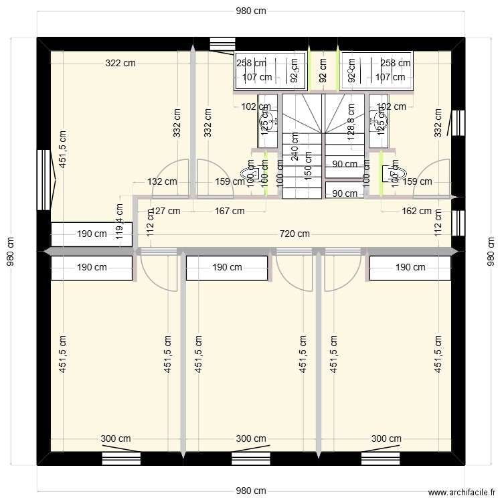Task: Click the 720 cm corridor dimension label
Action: click(295, 234)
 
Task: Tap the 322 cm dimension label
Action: click(120, 64)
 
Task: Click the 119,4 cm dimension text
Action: click(120, 222)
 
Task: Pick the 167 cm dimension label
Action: click(229, 211)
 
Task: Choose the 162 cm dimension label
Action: click(416, 211)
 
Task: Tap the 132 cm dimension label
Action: click(162, 181)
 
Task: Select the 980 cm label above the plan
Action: click(250, 11)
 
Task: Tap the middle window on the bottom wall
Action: click(250, 458)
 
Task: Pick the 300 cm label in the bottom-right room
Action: click(386, 439)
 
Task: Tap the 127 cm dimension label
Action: click(163, 211)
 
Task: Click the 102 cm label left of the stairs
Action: click(256, 106)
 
